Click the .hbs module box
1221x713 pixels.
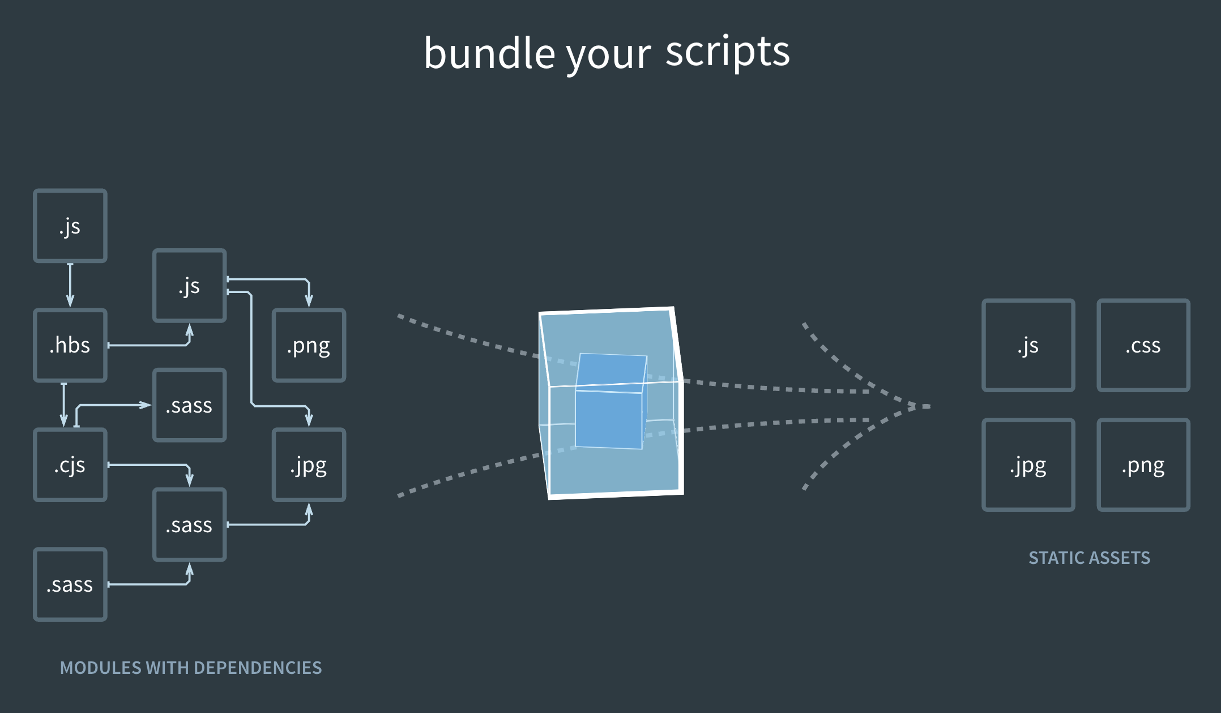click(70, 345)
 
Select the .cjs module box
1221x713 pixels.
click(70, 465)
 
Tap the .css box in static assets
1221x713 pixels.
click(1143, 345)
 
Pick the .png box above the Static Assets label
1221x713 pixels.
click(1143, 465)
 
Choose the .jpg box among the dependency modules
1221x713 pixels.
click(309, 465)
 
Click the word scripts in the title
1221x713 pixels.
click(727, 52)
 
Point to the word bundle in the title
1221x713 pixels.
click(489, 53)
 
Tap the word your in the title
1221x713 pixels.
click(608, 56)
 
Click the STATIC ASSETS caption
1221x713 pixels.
click(1089, 558)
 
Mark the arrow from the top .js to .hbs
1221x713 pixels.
click(70, 285)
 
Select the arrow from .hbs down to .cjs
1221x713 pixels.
click(64, 405)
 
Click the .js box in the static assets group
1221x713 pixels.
click(1028, 345)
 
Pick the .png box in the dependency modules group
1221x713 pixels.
click(309, 345)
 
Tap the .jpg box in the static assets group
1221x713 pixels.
click(1028, 465)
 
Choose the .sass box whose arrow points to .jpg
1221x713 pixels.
click(189, 525)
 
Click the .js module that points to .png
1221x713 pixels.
click(189, 286)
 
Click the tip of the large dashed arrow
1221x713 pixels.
click(928, 406)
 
